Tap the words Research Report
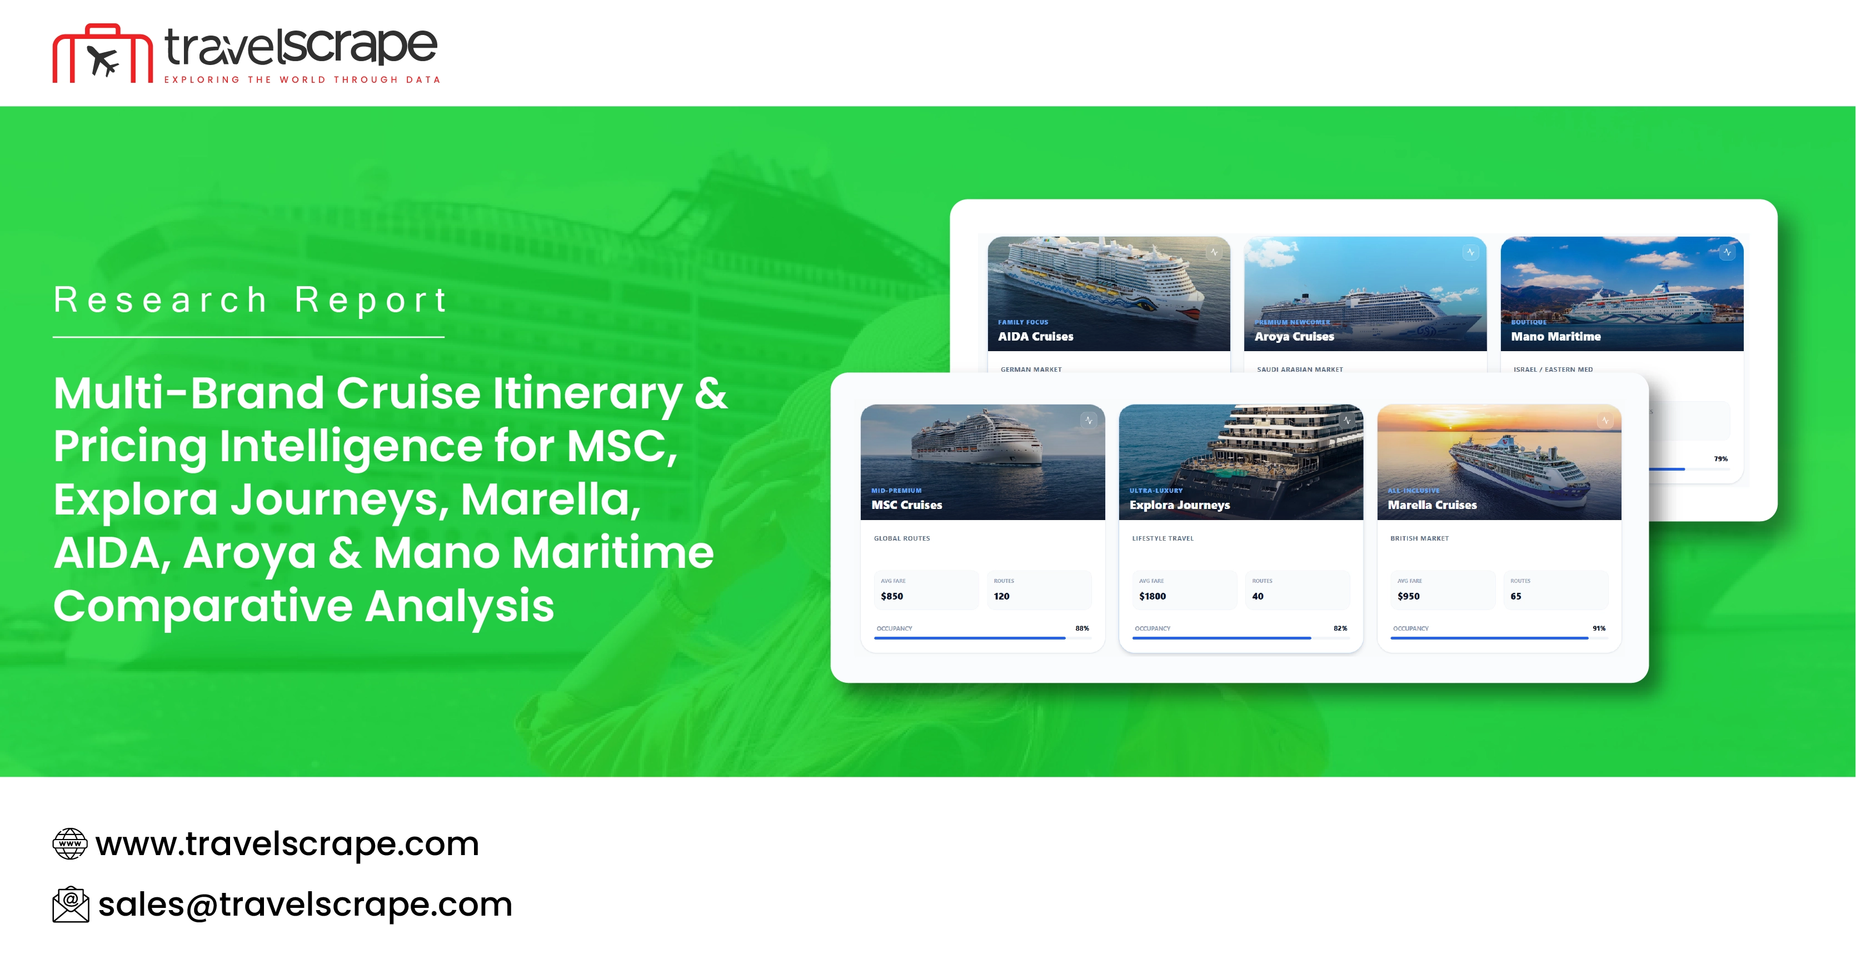[x=251, y=299]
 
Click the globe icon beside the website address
[x=70, y=843]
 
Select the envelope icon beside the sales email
[x=71, y=904]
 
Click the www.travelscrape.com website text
[x=287, y=843]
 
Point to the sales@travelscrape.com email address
[x=305, y=904]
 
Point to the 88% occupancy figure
[x=1081, y=628]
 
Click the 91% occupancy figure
[x=1599, y=628]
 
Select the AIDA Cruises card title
[x=1035, y=336]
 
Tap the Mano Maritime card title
[x=1555, y=336]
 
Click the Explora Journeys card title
[x=1180, y=505]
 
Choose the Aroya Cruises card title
[x=1294, y=336]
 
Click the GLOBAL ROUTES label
[x=902, y=538]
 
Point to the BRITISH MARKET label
[x=1419, y=538]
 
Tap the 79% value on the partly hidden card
[x=1720, y=459]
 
